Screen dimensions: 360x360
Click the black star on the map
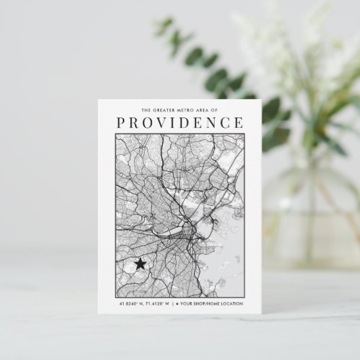click(140, 264)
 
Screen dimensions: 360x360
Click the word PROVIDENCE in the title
click(179, 123)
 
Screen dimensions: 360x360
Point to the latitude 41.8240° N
click(131, 304)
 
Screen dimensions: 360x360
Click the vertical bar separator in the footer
click(173, 304)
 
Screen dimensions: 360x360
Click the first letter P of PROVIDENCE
click(122, 123)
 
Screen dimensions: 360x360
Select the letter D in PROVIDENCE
click(187, 123)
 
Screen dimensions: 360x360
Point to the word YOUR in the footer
click(186, 304)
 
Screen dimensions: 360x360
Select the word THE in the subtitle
click(147, 109)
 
